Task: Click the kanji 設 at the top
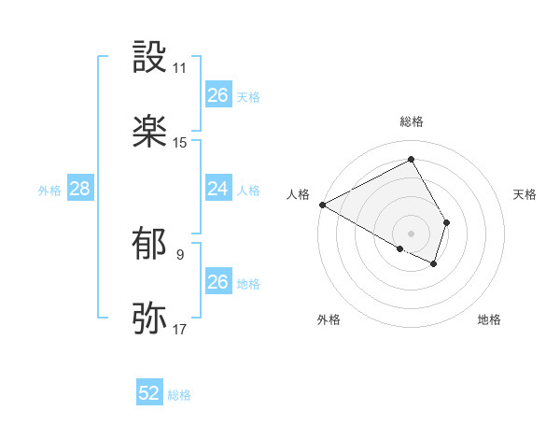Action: click(150, 58)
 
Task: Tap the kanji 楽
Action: click(150, 132)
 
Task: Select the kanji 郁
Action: click(150, 244)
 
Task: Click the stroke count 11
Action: click(180, 68)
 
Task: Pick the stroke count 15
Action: click(180, 143)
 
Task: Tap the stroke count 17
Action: click(180, 329)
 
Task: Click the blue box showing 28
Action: click(80, 189)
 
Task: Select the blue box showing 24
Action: click(217, 189)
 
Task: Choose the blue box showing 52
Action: click(149, 393)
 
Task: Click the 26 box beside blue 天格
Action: click(217, 95)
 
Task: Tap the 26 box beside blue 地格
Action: click(217, 282)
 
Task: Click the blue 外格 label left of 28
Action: click(49, 190)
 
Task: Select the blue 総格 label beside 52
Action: click(179, 395)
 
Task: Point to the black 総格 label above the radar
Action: click(412, 121)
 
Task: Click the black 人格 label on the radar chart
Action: click(299, 194)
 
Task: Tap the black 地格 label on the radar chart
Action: click(489, 320)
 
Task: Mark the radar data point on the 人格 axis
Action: click(322, 204)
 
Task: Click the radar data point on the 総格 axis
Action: click(412, 159)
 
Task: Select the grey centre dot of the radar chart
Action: click(412, 233)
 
